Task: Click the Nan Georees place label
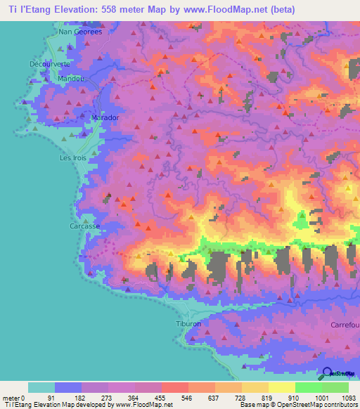click(80, 32)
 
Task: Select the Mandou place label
click(71, 79)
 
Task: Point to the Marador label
click(105, 117)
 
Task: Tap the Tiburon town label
click(188, 324)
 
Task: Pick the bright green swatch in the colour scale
click(308, 387)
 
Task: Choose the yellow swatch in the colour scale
click(281, 387)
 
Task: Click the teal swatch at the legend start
click(41, 387)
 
